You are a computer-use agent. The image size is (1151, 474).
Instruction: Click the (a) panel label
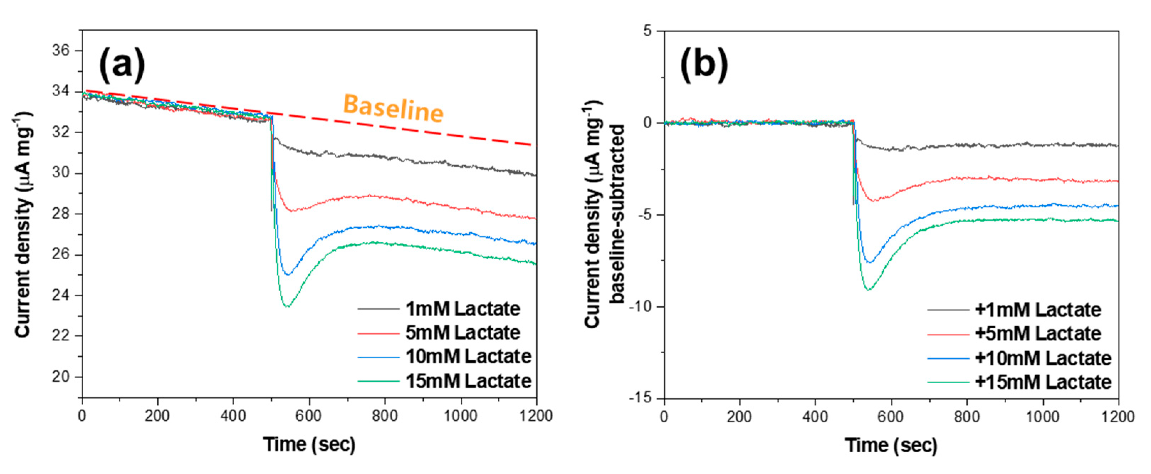click(x=122, y=65)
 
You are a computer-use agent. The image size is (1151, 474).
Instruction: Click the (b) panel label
click(x=704, y=65)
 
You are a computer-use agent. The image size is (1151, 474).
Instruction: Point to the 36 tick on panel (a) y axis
click(x=61, y=51)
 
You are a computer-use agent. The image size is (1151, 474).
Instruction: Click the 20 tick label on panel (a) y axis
click(x=61, y=377)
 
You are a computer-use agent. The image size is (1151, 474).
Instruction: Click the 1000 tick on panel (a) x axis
click(x=460, y=416)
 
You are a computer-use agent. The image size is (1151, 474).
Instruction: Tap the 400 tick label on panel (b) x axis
click(x=815, y=417)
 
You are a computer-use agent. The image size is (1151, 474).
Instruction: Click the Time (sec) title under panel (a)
click(x=309, y=444)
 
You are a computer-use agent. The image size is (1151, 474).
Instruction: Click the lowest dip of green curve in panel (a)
click(x=287, y=307)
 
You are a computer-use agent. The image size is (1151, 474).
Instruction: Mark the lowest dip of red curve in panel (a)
click(x=291, y=211)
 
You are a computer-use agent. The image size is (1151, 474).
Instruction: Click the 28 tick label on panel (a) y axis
click(x=61, y=214)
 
